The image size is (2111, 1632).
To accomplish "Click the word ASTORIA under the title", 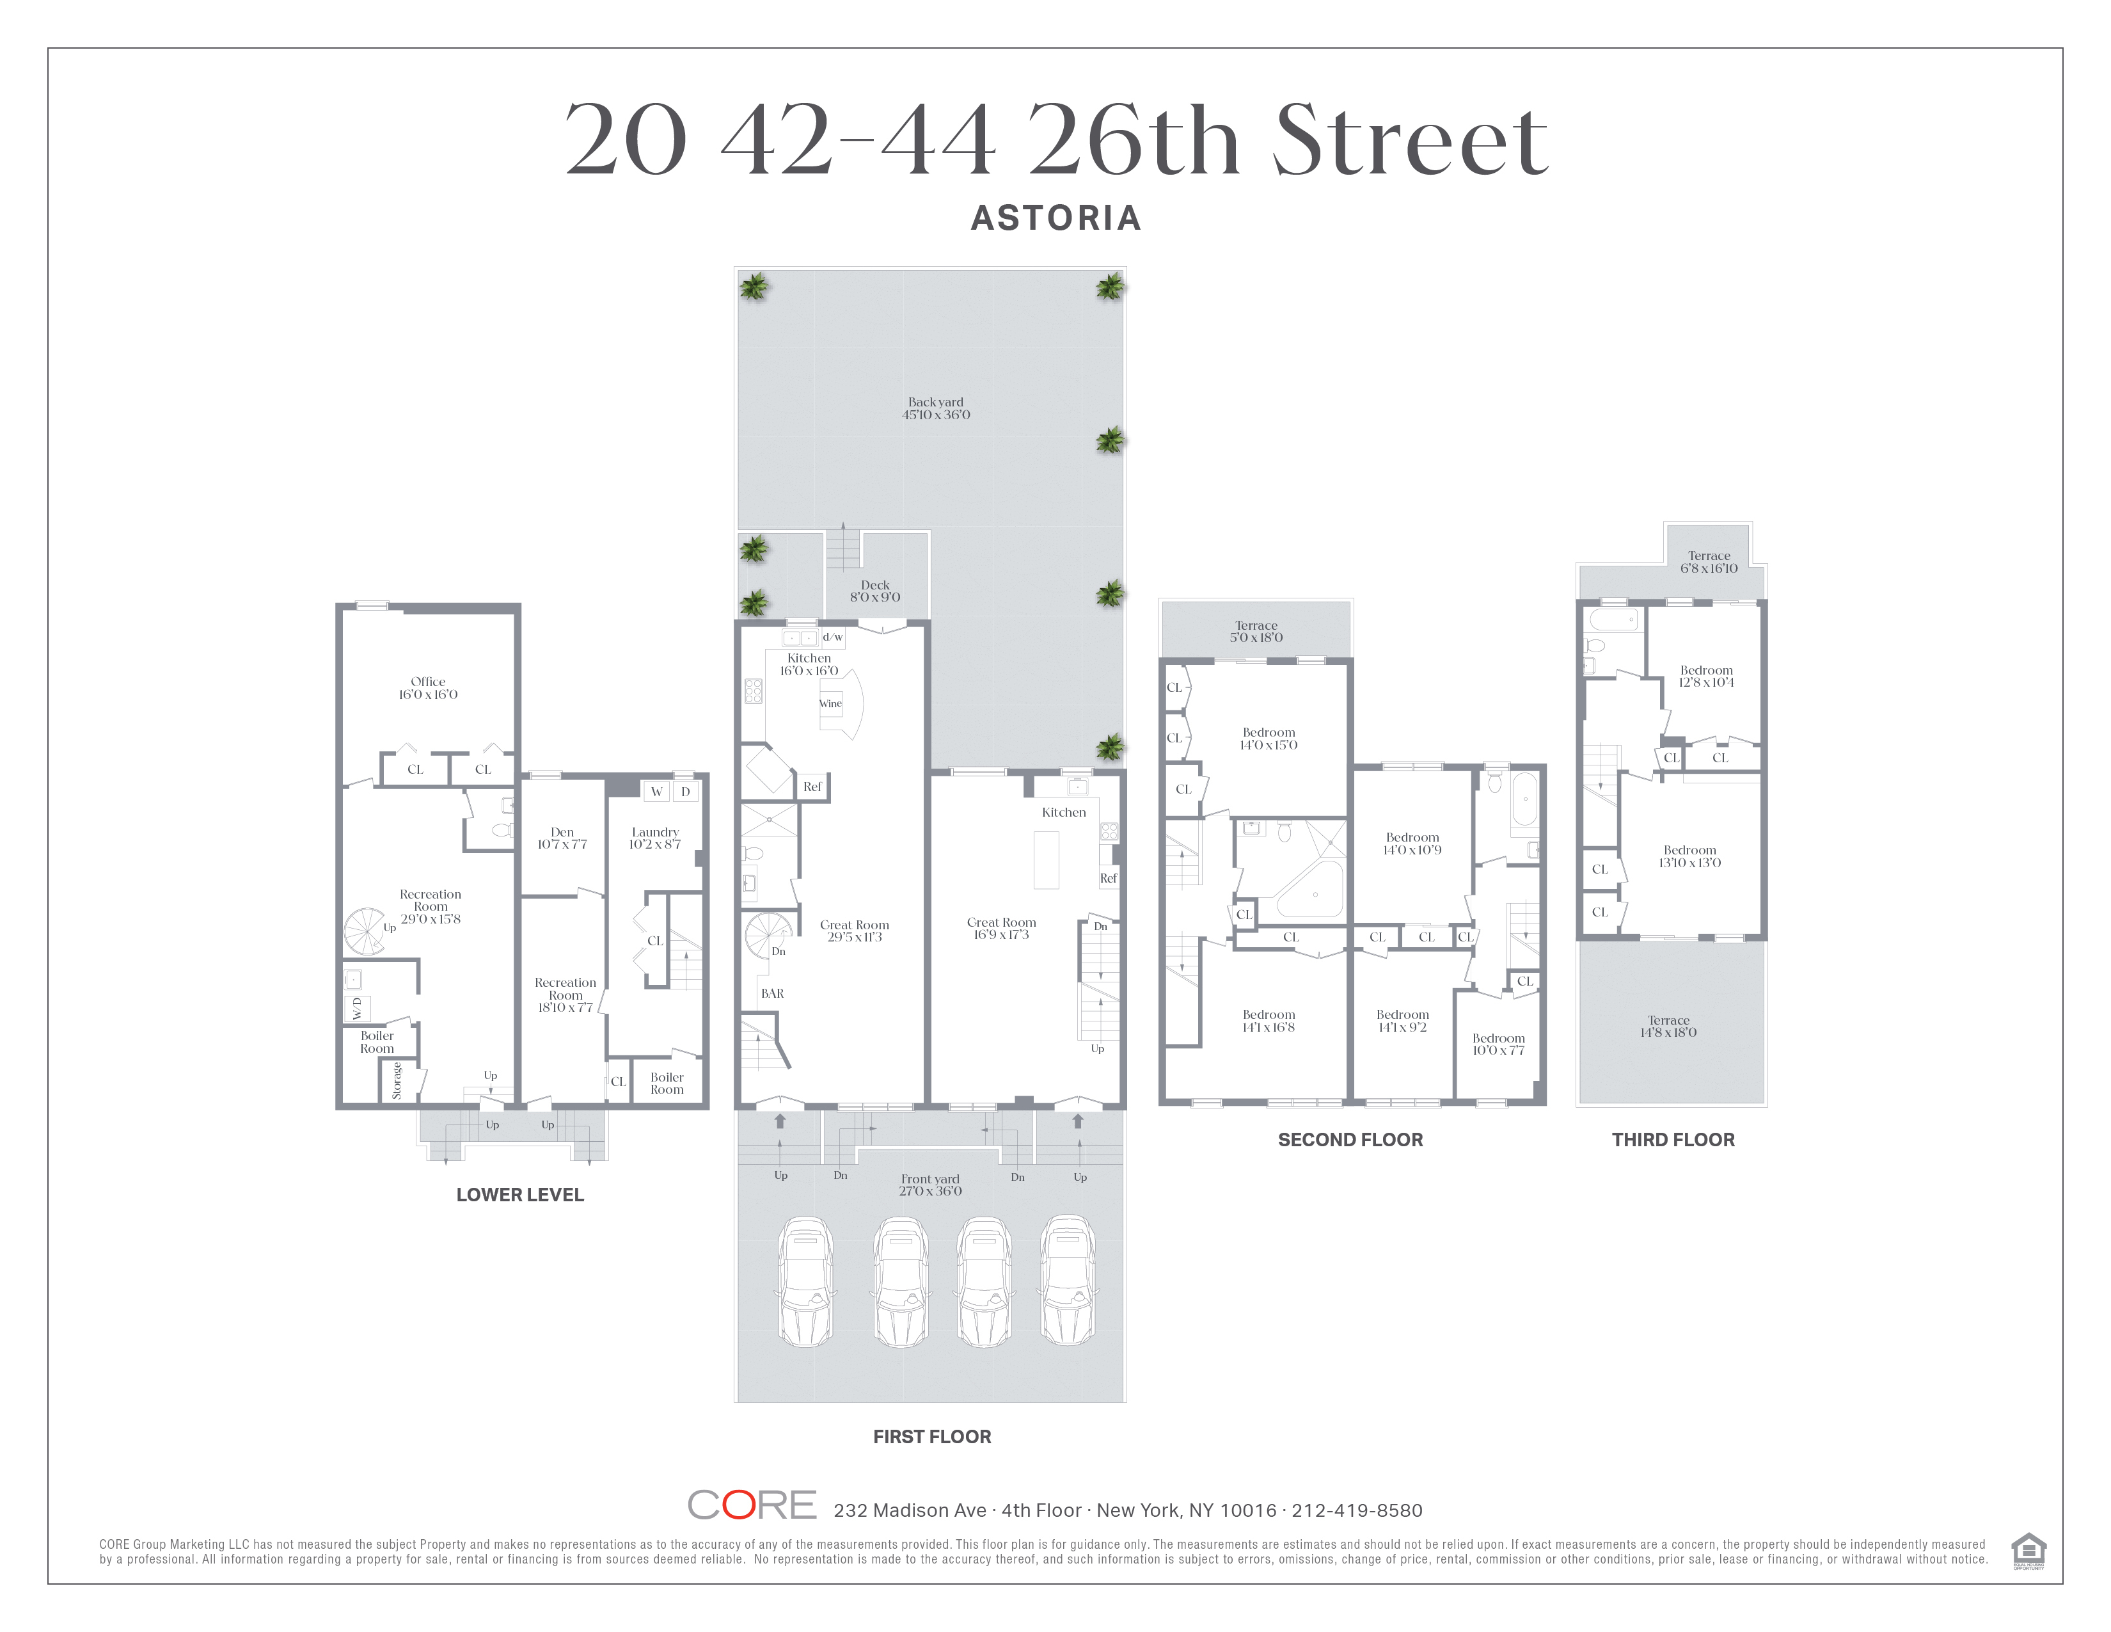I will coord(1055,218).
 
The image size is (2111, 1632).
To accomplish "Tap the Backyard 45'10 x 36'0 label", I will coord(936,408).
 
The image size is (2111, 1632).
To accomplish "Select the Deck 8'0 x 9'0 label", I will coord(874,591).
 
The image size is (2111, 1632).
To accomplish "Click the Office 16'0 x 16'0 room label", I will coord(428,687).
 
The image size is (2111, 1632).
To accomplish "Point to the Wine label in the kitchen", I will coord(830,704).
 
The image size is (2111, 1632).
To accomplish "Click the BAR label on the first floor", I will coord(772,993).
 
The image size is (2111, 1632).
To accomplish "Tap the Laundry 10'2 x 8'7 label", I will coord(655,838).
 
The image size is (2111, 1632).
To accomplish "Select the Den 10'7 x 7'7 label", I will coord(562,838).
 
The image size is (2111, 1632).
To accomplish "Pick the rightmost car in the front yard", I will coord(1068,1281).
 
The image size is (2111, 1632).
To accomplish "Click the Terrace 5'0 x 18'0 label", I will coord(1256,631).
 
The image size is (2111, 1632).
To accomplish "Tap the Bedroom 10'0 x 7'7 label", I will coord(1498,1044).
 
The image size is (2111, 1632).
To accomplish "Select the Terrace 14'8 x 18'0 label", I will coord(1668,1026).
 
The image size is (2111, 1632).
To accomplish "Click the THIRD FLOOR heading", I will coord(1673,1140).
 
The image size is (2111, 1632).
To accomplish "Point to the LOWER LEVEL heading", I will coord(520,1195).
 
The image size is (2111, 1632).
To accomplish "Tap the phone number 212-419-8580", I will coord(1357,1510).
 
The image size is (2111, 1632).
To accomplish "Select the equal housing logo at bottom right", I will coord(2028,1551).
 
